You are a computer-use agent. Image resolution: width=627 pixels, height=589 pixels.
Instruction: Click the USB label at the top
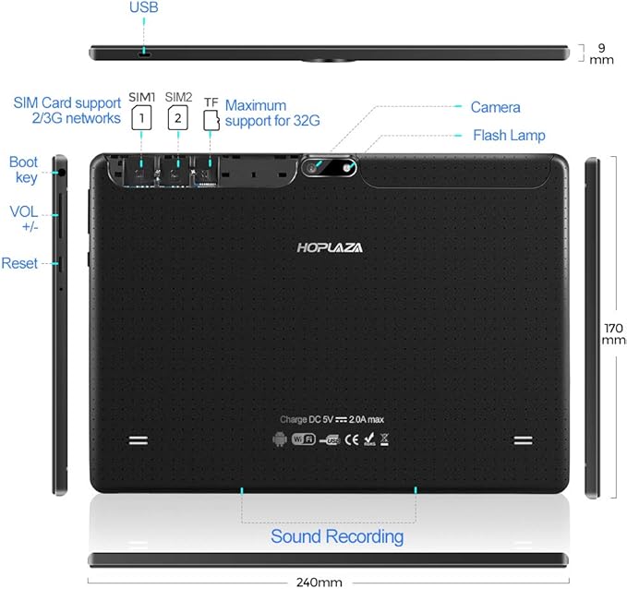coord(143,8)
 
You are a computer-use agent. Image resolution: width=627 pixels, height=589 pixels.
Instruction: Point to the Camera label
coord(495,108)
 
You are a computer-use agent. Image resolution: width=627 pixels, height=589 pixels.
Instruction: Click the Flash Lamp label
coord(509,135)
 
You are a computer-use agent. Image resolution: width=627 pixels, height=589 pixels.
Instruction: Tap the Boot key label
coord(24,170)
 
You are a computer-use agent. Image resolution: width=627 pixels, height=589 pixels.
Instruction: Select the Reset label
coord(19,263)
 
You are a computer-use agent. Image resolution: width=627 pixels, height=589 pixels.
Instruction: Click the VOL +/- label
coord(23,219)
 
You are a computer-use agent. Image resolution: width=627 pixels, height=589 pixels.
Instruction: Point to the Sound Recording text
coord(336,536)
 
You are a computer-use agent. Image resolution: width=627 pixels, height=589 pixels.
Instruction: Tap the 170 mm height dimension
coord(613,333)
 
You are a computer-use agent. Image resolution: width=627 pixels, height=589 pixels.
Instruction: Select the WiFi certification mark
coord(303,439)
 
